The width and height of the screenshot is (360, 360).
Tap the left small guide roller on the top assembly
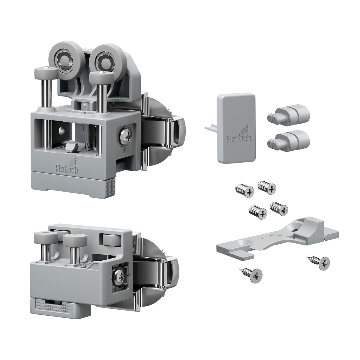[x=46, y=73]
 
